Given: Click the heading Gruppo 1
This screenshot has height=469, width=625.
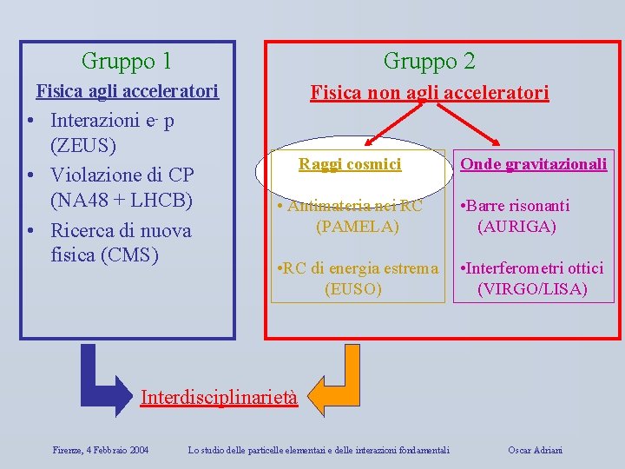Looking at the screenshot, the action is coord(126,61).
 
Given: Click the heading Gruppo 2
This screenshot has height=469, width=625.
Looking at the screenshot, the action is coord(429,61).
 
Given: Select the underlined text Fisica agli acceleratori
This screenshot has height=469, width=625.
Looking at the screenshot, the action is coord(126,91).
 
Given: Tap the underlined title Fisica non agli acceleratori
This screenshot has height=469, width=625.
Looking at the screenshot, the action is coord(430,92).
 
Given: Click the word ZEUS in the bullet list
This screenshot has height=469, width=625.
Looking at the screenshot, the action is coord(83,144).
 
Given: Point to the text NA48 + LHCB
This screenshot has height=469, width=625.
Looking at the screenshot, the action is coord(121,201).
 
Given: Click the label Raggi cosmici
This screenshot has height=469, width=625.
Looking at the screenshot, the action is coord(350,163).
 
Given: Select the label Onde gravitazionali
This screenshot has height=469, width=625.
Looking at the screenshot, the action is coord(533,163).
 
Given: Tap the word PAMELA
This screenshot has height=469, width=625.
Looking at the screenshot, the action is coord(357,227).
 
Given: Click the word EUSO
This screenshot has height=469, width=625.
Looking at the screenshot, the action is coord(352,289).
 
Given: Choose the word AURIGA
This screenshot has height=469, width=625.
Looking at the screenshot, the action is coord(516,227).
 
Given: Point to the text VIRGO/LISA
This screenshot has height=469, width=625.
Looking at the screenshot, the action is coord(532,289).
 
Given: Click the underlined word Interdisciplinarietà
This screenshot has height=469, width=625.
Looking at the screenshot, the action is coord(219,398).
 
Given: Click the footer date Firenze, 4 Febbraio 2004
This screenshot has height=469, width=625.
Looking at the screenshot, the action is coord(100,450).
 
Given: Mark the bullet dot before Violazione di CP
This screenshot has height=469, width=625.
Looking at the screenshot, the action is coord(30,175).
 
